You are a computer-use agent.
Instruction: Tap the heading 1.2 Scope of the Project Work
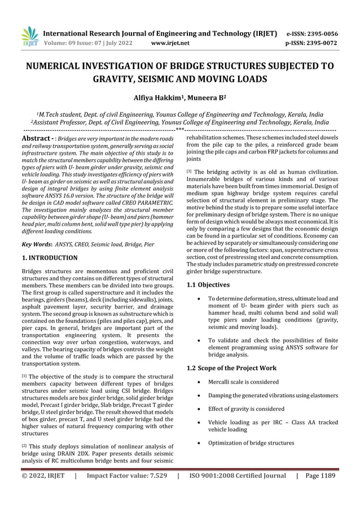[x=231, y=368]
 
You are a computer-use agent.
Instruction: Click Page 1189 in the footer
[x=321, y=476]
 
